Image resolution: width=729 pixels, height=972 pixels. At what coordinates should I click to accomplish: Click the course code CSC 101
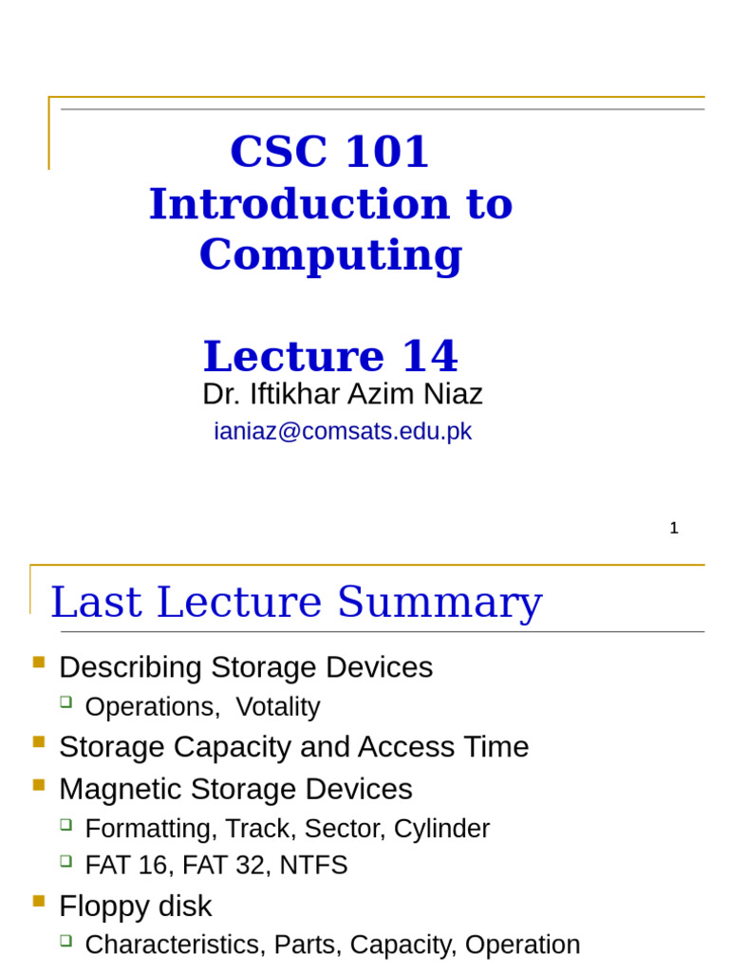[x=329, y=152]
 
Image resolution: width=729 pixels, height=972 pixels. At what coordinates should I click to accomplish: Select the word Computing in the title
[x=330, y=254]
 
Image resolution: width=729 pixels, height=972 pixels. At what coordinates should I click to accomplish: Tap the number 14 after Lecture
[x=429, y=357]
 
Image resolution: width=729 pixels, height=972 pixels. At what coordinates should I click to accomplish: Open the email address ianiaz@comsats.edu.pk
[x=343, y=431]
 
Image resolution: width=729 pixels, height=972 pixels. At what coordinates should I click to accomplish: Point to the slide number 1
[x=674, y=529]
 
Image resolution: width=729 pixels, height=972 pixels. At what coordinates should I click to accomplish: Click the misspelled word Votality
[x=277, y=707]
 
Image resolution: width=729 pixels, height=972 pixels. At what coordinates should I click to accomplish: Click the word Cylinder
[x=441, y=829]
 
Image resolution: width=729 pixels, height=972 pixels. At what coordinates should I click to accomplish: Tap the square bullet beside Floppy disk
[x=39, y=902]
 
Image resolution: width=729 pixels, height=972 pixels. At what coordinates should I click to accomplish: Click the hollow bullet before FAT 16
[x=65, y=861]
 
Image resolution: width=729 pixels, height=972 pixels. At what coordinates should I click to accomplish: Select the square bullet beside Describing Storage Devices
[x=39, y=663]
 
